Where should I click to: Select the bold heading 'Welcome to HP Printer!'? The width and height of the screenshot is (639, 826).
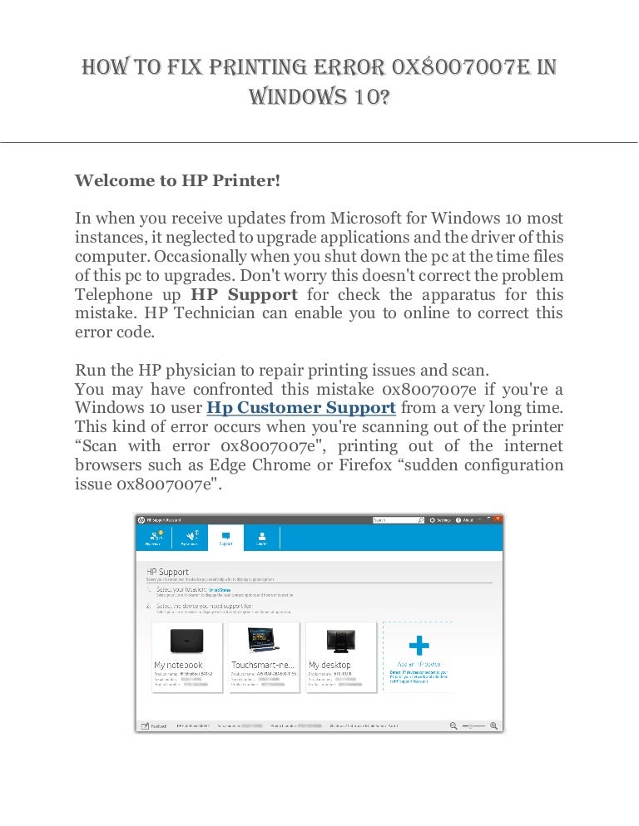pos(178,181)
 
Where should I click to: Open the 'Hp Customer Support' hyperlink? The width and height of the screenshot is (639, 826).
pos(300,408)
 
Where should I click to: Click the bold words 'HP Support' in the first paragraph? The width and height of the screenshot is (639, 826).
pos(244,295)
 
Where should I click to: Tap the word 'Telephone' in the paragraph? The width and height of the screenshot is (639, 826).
pos(114,295)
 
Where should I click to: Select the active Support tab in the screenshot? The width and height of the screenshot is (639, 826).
pos(225,538)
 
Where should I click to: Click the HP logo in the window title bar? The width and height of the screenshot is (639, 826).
pos(141,520)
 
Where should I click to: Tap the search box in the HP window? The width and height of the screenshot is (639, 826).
pos(398,520)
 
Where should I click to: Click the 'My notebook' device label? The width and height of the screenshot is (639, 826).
pos(178,665)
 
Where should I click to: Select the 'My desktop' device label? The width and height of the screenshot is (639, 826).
pos(329,665)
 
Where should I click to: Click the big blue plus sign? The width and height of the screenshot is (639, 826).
pos(419,645)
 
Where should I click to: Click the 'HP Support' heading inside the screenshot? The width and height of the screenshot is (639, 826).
pos(167,572)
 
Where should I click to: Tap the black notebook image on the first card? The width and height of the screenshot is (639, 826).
pos(187,640)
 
